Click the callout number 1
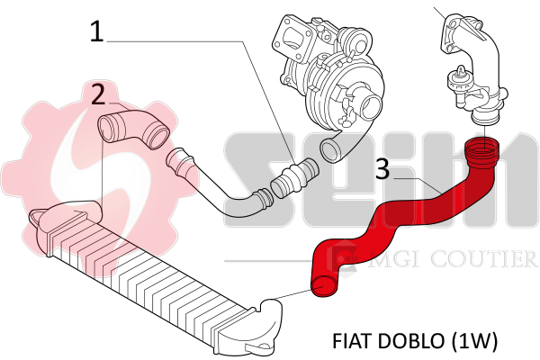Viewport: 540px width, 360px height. pos(97,31)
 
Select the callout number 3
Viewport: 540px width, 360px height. pos(382,169)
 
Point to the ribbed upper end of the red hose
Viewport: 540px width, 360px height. pos(481,151)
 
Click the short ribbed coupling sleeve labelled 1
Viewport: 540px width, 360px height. pos(294,178)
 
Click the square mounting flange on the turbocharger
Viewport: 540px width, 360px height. pos(292,34)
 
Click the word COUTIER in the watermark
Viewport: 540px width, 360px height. pos(484,259)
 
